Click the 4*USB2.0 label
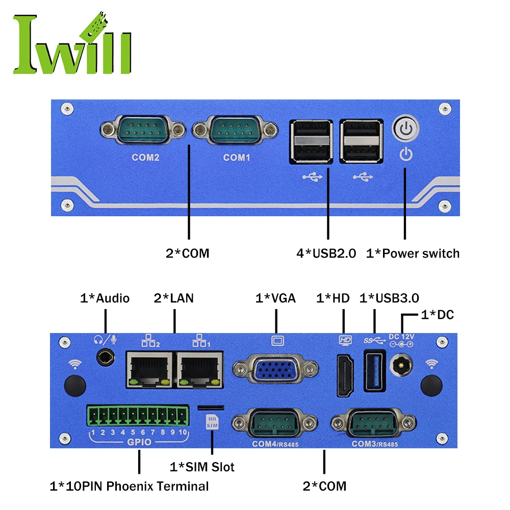(326, 253)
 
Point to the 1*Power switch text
(413, 253)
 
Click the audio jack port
(106, 357)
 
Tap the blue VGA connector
(275, 369)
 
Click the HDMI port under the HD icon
(345, 376)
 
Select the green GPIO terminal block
(138, 418)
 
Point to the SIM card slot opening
(211, 407)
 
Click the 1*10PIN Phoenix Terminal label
(129, 486)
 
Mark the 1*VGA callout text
(275, 298)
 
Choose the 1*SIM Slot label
(202, 466)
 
